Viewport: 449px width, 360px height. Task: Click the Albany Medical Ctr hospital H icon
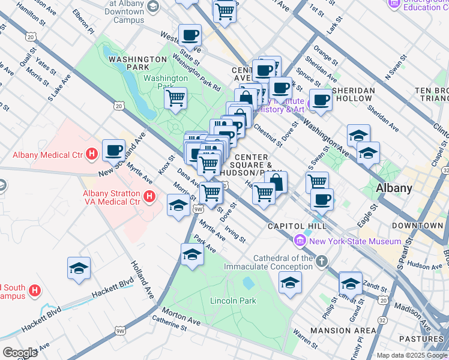91,155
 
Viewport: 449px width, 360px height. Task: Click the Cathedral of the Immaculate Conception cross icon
322,260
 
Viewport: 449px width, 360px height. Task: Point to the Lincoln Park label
233,301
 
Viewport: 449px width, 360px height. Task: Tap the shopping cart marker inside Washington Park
175,98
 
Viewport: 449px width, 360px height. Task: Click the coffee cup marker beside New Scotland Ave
113,150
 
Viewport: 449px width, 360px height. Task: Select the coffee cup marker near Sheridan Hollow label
321,100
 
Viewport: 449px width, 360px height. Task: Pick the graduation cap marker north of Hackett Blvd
79,268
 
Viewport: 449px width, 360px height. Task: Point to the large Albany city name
394,188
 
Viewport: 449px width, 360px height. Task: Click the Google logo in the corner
20,352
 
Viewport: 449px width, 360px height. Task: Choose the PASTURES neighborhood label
421,339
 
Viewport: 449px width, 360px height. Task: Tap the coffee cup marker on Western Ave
190,35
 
